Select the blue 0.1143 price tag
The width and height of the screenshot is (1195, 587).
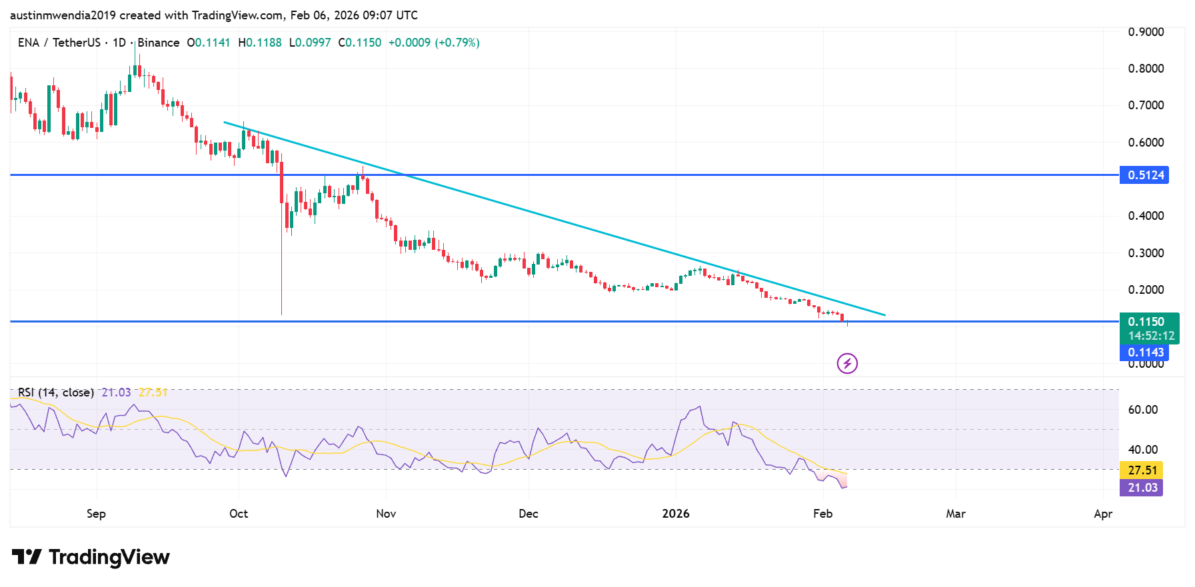(1144, 352)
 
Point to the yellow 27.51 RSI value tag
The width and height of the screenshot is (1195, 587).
(1141, 470)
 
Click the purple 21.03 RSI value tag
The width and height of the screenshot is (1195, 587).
(1141, 488)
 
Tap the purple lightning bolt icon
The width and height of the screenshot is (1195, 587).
(847, 363)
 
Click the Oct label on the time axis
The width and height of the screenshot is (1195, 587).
(238, 514)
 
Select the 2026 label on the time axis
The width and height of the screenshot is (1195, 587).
(675, 514)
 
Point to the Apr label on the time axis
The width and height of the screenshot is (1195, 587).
(1102, 514)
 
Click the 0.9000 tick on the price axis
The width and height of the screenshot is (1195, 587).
(1145, 32)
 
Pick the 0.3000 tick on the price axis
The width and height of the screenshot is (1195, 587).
(1145, 253)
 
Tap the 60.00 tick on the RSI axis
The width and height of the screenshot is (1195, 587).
(1142, 410)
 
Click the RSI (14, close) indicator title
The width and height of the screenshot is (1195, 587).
(56, 392)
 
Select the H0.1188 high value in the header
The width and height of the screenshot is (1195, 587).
(260, 43)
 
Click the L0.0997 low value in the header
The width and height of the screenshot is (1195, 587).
(310, 43)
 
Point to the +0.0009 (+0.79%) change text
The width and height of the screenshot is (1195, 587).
(434, 43)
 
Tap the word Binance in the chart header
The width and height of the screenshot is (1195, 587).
(159, 43)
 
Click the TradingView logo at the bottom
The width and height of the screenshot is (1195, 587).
(91, 557)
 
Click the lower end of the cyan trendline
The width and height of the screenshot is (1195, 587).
(884, 314)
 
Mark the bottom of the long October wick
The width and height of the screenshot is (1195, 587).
(282, 314)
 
